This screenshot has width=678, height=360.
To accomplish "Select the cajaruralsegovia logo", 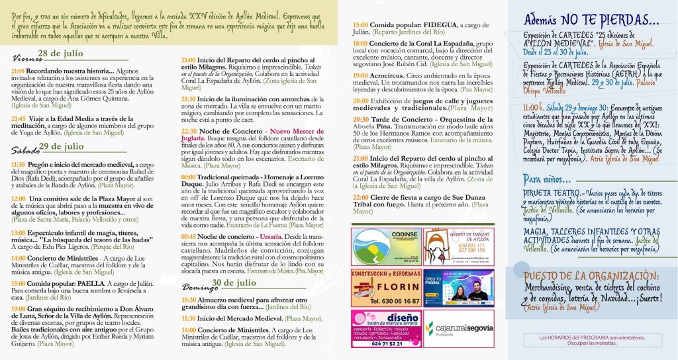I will point(459,328).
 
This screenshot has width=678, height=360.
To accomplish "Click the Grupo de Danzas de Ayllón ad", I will point(459,246).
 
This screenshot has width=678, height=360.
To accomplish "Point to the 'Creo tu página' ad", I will point(459,288).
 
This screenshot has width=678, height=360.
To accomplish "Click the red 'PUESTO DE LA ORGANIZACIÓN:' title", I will point(591,275).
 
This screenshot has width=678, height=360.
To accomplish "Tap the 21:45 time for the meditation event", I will point(19,118).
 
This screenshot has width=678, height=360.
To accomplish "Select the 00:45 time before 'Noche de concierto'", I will point(189,236).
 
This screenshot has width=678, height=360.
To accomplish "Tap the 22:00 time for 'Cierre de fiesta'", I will point(361,197).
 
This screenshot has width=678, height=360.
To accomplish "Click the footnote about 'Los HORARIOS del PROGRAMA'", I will point(591,340).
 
